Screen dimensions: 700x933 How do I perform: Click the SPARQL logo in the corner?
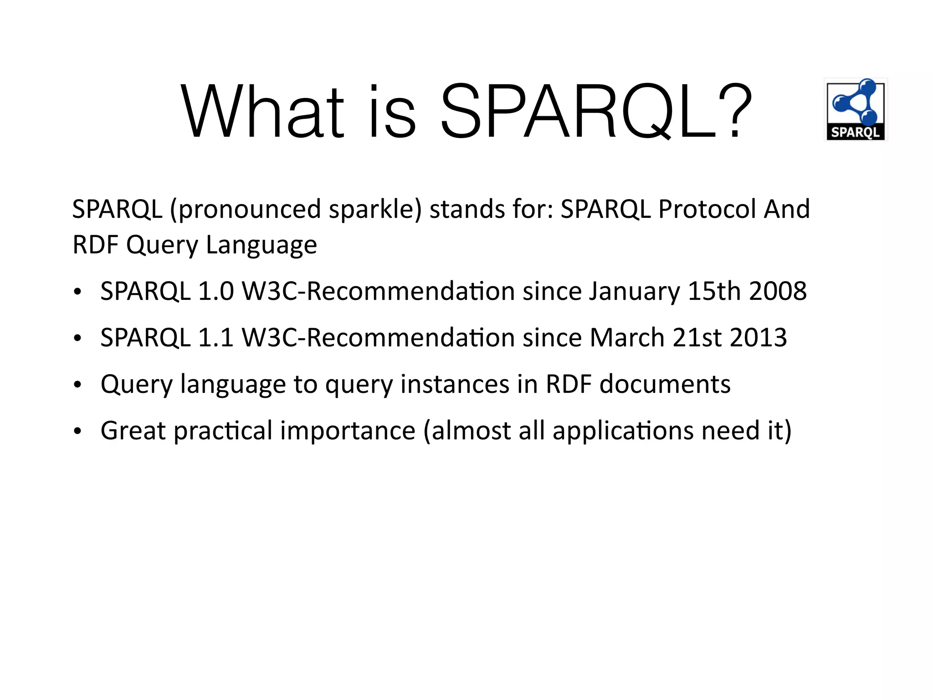click(x=856, y=109)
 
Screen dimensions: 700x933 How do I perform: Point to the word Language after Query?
click(x=261, y=245)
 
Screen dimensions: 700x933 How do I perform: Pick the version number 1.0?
click(x=215, y=291)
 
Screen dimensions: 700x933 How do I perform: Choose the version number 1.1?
click(x=215, y=338)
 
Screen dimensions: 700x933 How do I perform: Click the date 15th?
click(x=714, y=291)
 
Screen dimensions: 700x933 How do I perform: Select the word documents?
click(x=665, y=384)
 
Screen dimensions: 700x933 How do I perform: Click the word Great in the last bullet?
click(x=133, y=431)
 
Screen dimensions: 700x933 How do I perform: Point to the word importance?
click(x=348, y=432)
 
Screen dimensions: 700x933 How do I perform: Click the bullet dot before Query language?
click(x=77, y=385)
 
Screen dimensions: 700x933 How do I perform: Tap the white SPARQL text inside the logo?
click(x=855, y=133)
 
